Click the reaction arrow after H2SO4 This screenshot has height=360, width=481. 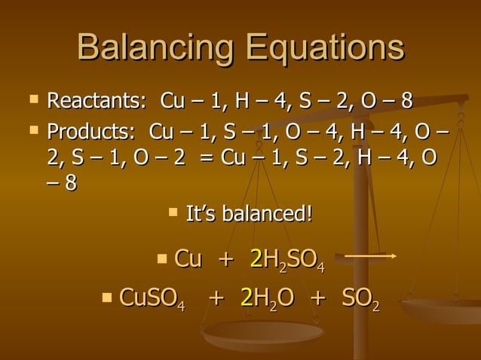pyautogui.click(x=370, y=257)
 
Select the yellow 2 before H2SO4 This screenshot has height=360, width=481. pyautogui.click(x=256, y=258)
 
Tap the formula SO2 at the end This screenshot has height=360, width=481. pyautogui.click(x=360, y=298)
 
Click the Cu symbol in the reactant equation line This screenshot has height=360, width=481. pyautogui.click(x=188, y=258)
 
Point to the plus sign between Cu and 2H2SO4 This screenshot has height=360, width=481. pyautogui.click(x=225, y=259)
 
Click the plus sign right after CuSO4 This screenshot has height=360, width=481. pyautogui.click(x=216, y=298)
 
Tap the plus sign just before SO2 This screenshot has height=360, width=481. pyautogui.click(x=317, y=298)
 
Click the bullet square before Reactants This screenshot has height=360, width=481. pyautogui.click(x=32, y=99)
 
